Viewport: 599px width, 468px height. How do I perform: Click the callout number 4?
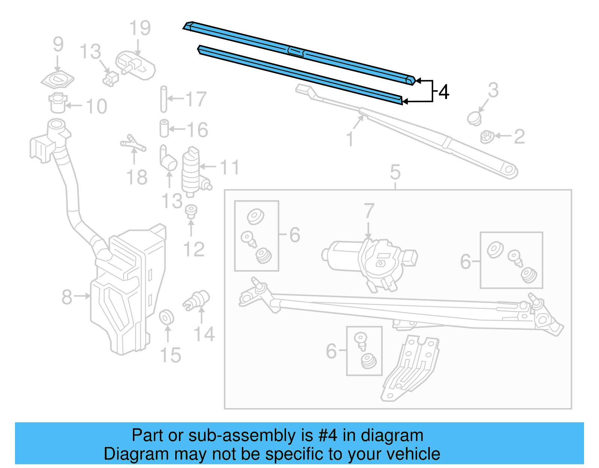444,92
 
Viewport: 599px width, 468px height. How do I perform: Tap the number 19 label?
140,28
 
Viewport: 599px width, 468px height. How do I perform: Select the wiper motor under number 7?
369,260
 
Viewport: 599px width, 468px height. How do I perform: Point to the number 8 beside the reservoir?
67,297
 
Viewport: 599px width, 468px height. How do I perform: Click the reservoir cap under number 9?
57,80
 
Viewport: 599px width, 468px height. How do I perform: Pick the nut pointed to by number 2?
486,136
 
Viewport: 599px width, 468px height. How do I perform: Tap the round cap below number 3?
474,118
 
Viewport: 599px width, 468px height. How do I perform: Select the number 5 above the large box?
395,172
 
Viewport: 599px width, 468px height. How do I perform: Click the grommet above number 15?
166,317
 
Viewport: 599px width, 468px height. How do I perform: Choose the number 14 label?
204,334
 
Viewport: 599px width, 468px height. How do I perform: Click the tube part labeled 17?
164,99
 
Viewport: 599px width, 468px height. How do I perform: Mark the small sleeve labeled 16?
164,129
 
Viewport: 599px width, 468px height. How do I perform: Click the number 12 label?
194,250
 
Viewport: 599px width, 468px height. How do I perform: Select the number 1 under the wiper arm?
350,139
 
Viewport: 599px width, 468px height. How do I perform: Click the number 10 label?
97,106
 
